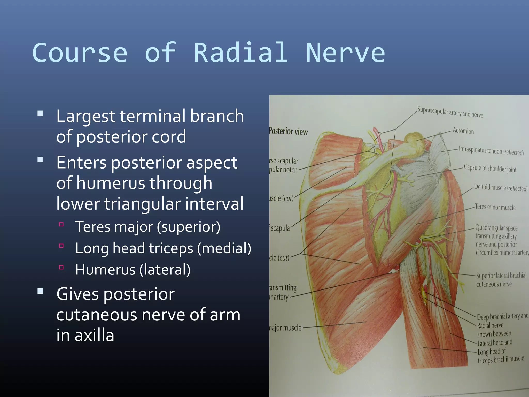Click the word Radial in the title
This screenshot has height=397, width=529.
[x=241, y=53]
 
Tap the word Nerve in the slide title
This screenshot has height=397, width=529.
[x=345, y=53]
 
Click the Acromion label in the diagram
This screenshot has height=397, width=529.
[x=463, y=131]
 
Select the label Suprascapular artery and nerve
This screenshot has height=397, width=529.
[x=450, y=112]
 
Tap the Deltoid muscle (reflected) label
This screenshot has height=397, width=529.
[x=501, y=188]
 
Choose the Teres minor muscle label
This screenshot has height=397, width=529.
[x=495, y=207]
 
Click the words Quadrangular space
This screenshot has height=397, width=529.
[x=496, y=228]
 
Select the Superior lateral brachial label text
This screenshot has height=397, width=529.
[x=501, y=276]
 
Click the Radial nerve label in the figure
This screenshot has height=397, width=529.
[x=490, y=325]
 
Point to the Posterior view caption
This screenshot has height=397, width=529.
[x=288, y=131]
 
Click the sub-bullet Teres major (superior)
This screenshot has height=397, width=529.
[x=147, y=227]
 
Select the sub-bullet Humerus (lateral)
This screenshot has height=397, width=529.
[x=133, y=270]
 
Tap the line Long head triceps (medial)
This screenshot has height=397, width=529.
[x=163, y=248]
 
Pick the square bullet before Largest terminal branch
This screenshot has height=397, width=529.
[x=40, y=113]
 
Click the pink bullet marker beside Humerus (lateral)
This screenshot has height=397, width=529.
[x=61, y=267]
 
